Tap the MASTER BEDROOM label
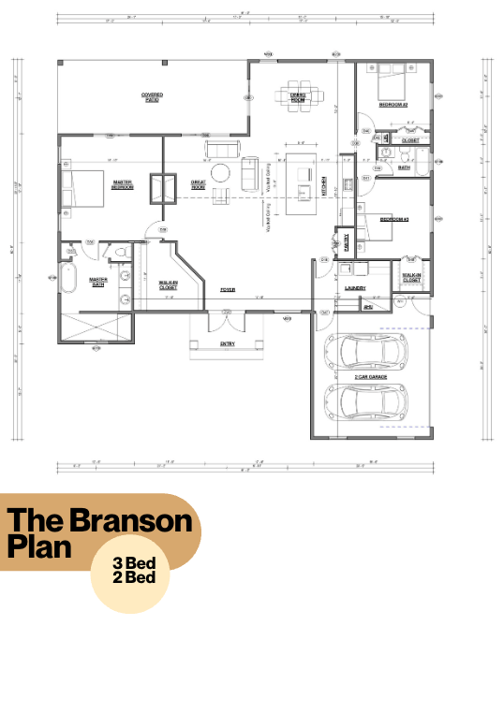click(123, 184)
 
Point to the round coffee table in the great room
click(219, 173)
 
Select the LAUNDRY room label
click(354, 288)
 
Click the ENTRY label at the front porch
click(228, 343)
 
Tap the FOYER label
click(228, 290)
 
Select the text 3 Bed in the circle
click(134, 564)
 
